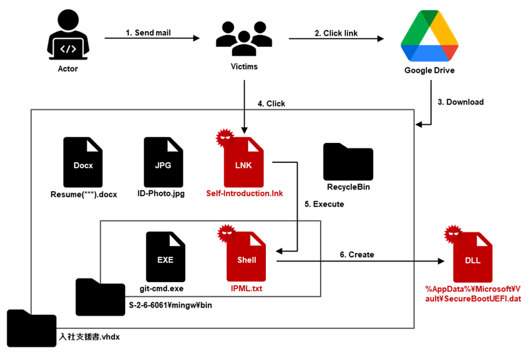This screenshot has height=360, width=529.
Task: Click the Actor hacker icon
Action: click(x=67, y=39)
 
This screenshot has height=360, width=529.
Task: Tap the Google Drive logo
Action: click(x=429, y=40)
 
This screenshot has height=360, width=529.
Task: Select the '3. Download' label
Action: click(x=461, y=102)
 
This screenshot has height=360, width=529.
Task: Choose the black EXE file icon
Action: click(x=165, y=257)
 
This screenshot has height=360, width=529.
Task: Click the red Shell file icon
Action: click(x=246, y=258)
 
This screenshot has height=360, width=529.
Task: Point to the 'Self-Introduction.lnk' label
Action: click(x=245, y=193)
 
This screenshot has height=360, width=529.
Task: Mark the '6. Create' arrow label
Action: click(x=357, y=255)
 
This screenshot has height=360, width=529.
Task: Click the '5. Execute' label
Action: click(x=325, y=204)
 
